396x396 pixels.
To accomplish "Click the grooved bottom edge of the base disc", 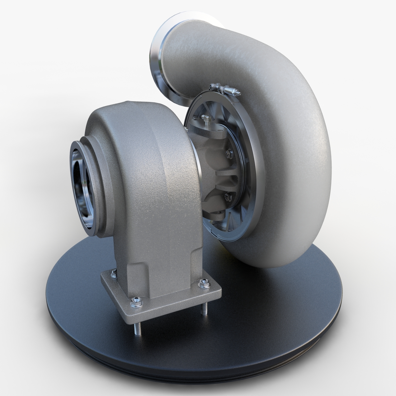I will tap(211, 375).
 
